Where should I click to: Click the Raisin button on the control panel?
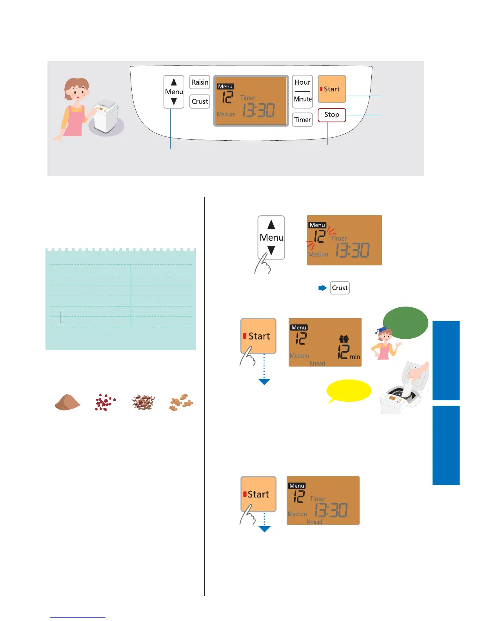click(x=200, y=82)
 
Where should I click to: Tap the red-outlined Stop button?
click(x=332, y=115)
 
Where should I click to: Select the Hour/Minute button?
click(x=302, y=91)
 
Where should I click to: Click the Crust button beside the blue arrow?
click(x=340, y=288)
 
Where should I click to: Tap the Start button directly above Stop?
click(x=332, y=89)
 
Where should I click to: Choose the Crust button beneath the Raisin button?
click(x=200, y=102)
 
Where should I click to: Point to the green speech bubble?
click(x=405, y=323)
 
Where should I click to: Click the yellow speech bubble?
click(x=349, y=390)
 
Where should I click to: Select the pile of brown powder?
click(x=67, y=403)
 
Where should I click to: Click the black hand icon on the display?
click(x=344, y=339)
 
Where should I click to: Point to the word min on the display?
click(x=355, y=357)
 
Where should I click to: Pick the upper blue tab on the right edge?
click(x=446, y=360)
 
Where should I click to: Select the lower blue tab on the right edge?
click(x=446, y=445)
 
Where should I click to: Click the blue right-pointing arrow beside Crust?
click(x=322, y=288)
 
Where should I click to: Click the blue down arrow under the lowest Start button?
click(x=265, y=529)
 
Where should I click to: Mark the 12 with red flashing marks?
click(x=320, y=236)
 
